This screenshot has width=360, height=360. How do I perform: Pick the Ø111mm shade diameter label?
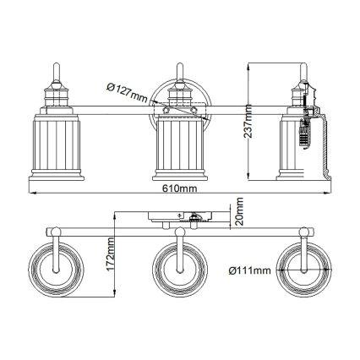[250, 270]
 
